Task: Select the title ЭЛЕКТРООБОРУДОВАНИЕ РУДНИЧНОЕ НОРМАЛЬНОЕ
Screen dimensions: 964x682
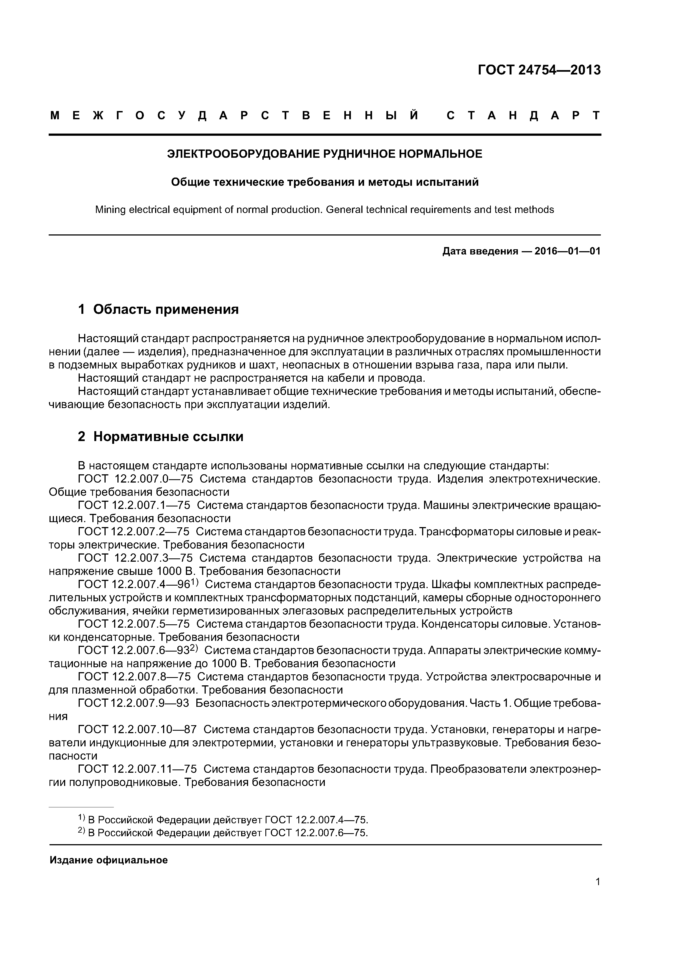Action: [x=324, y=154]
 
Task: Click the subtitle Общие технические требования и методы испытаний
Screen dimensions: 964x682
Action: [x=324, y=182]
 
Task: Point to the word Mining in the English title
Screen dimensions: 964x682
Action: [x=110, y=209]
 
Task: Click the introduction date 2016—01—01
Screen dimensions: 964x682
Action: [x=567, y=251]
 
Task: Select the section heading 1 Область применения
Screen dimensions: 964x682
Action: [x=158, y=309]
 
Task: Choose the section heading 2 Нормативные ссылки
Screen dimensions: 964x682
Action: [x=161, y=437]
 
